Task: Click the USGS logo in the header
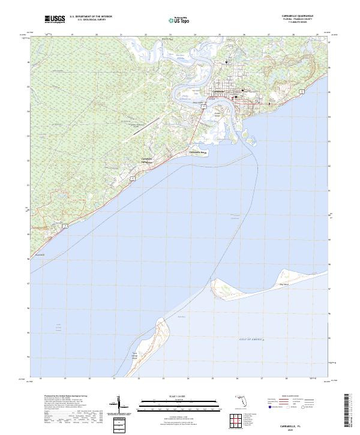point(55,20)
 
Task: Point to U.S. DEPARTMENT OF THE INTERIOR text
point(91,17)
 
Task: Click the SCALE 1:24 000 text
point(179,395)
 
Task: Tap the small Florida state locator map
point(239,400)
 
